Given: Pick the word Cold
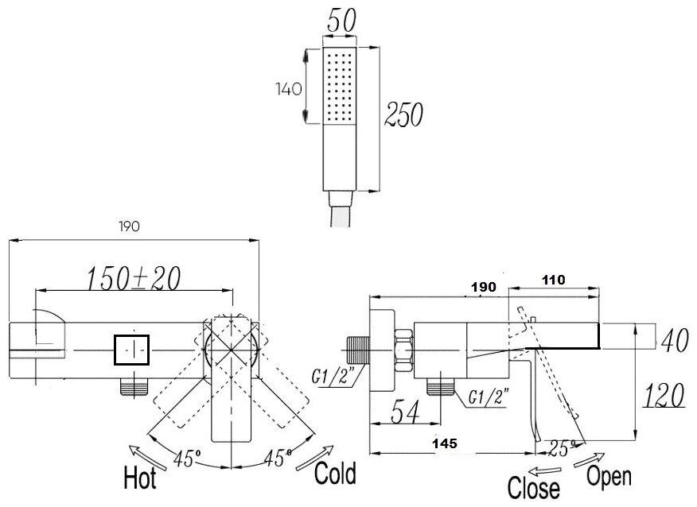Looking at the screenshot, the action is (x=334, y=474).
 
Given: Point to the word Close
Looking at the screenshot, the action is (x=534, y=486).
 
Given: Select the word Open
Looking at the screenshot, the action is (x=609, y=476).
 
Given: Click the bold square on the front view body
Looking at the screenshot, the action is (x=132, y=350).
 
